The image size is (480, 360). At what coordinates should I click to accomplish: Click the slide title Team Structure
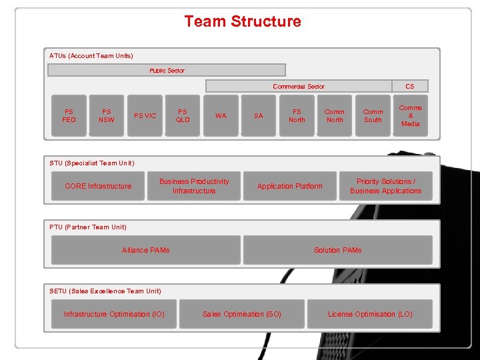243,21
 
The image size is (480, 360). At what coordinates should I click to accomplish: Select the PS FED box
69,116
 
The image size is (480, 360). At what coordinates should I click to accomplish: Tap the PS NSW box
107,116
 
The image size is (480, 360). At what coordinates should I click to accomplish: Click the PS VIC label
145,116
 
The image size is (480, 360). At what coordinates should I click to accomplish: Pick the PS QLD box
183,116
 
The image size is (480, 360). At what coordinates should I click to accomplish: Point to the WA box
221,116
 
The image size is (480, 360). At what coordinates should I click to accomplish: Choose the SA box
259,116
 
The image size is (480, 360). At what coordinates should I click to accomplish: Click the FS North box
297,116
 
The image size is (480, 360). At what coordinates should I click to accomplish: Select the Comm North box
335,116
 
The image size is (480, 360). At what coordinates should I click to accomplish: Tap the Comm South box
373,116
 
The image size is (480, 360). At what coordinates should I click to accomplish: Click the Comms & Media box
411,116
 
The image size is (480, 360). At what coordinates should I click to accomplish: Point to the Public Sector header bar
167,70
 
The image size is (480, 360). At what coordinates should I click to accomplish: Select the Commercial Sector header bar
298,86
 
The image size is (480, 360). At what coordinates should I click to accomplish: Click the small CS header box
410,86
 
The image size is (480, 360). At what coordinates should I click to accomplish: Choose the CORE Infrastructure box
98,186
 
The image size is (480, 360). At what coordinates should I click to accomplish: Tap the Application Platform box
289,186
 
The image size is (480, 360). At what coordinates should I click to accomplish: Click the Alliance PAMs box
145,250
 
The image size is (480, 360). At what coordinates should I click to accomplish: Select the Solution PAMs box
337,250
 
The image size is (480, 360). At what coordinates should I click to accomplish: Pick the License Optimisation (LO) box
370,314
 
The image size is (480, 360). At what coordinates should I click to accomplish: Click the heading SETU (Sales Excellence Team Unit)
105,291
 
